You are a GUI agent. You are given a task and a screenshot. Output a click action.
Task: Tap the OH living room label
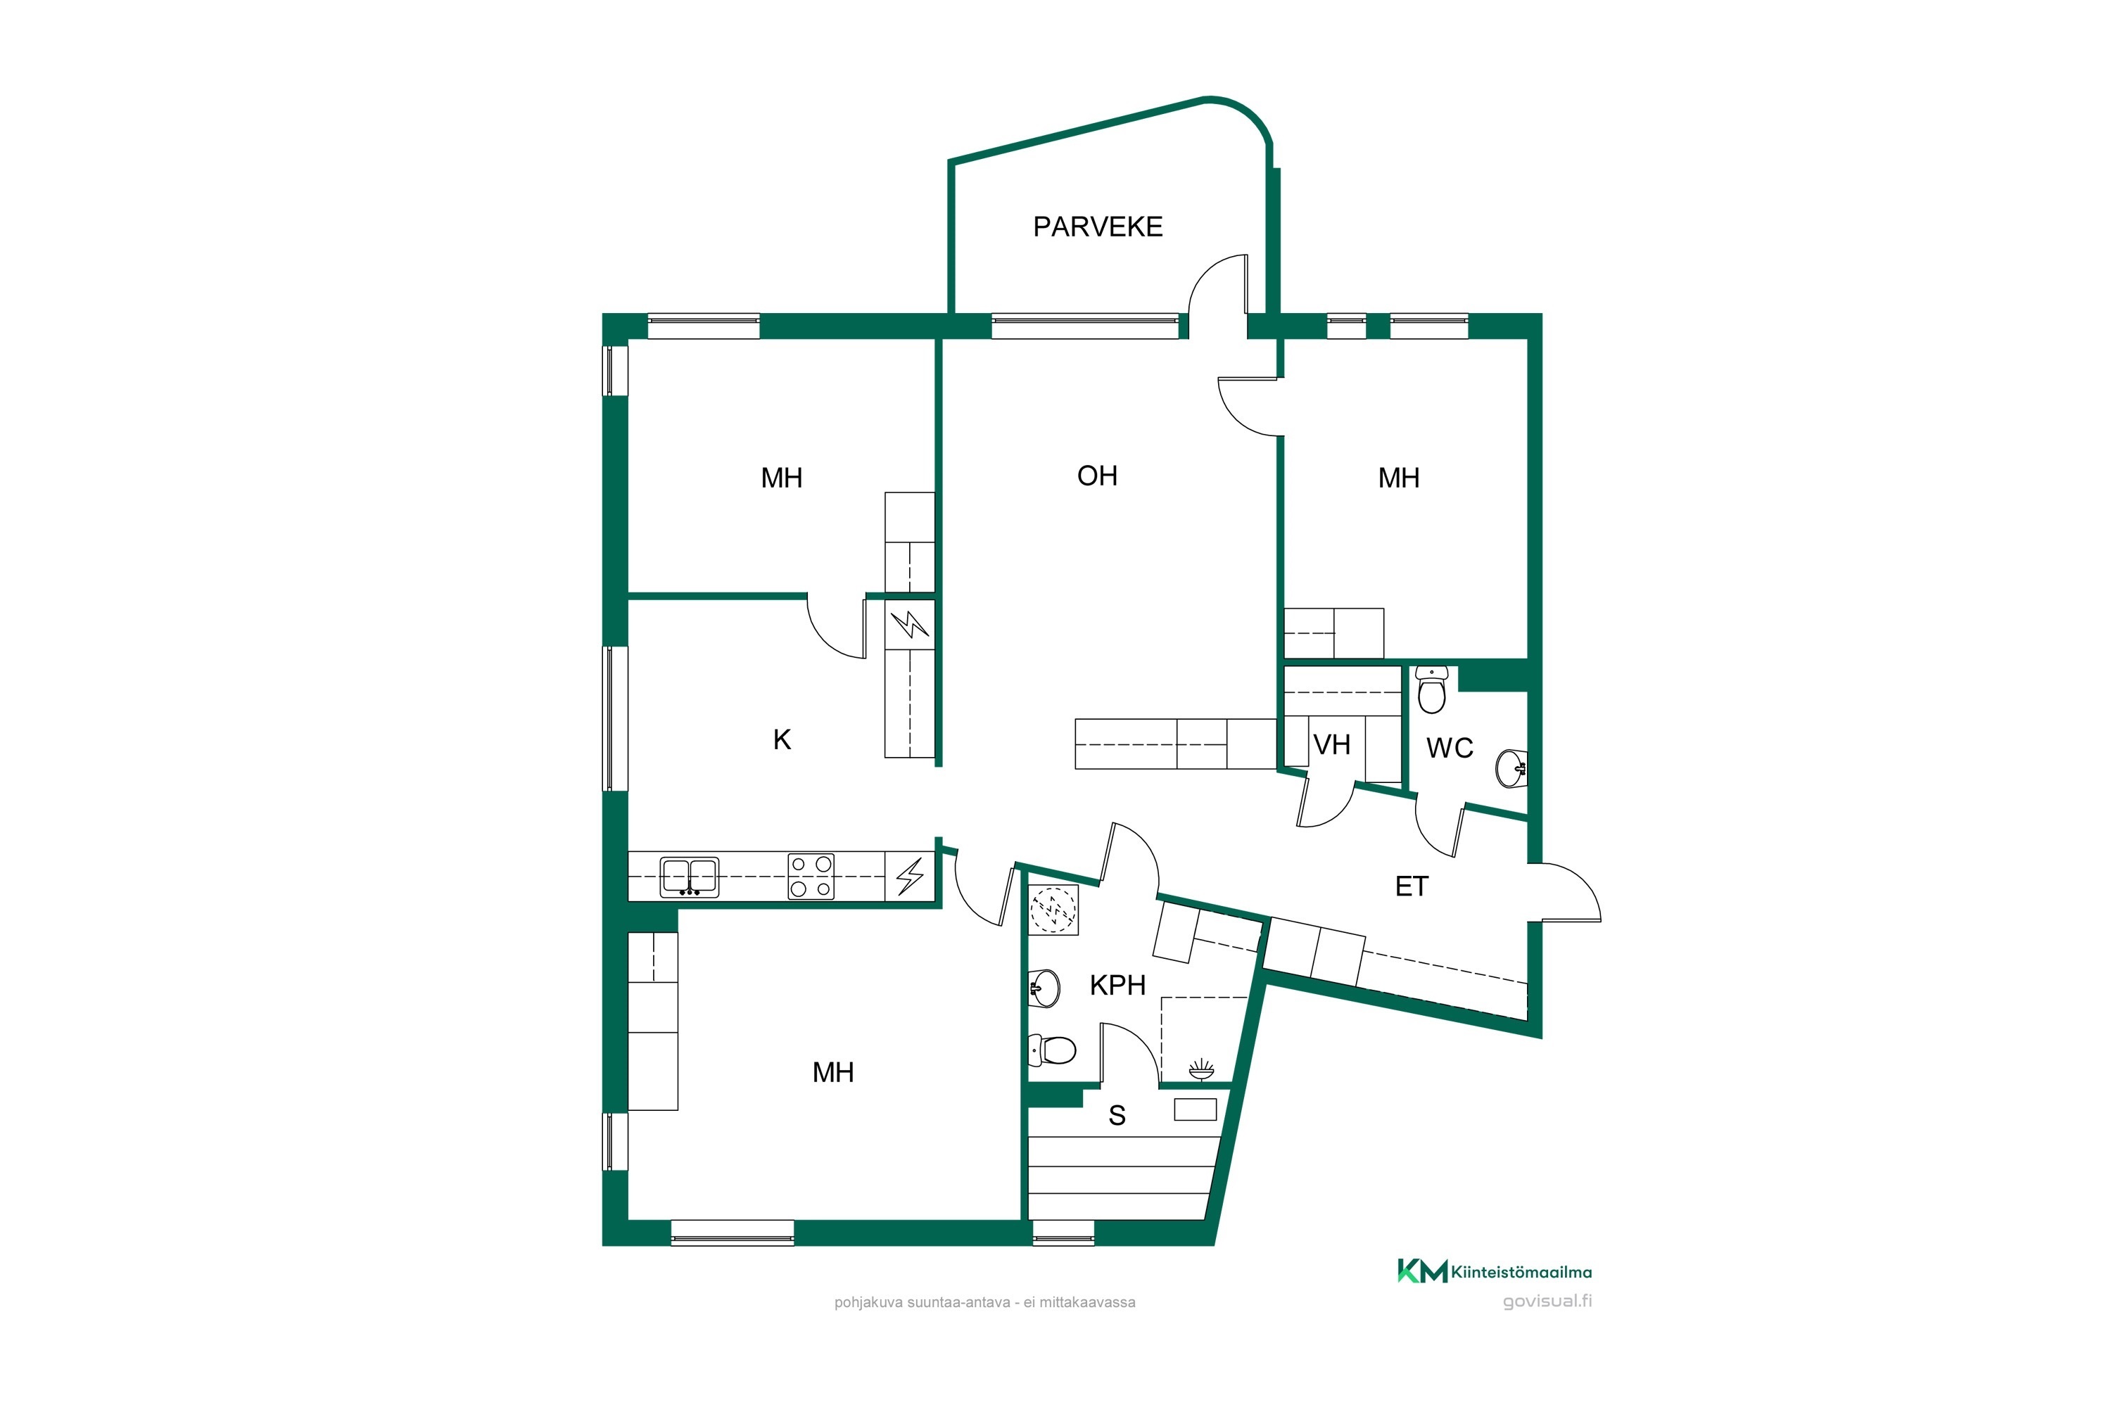[1097, 476]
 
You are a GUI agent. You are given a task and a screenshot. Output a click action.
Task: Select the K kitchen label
[782, 739]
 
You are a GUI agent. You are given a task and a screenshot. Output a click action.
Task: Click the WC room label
[1450, 747]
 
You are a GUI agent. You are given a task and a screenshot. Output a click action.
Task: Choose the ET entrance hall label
[1411, 886]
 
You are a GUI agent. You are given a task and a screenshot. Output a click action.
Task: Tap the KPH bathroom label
[1117, 986]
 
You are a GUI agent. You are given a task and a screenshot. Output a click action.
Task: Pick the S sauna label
[1117, 1115]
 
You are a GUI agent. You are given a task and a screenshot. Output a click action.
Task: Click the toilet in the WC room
[1431, 689]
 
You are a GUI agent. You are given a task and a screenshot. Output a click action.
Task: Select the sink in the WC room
[1511, 768]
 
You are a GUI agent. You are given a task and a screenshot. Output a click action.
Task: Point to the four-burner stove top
[811, 876]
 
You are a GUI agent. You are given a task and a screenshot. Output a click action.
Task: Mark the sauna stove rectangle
[1196, 1110]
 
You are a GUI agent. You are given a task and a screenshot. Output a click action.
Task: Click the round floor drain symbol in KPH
[1053, 910]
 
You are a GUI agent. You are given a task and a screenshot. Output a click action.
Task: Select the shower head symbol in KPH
[1201, 1068]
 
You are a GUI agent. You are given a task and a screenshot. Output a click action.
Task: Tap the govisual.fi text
[1547, 1301]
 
